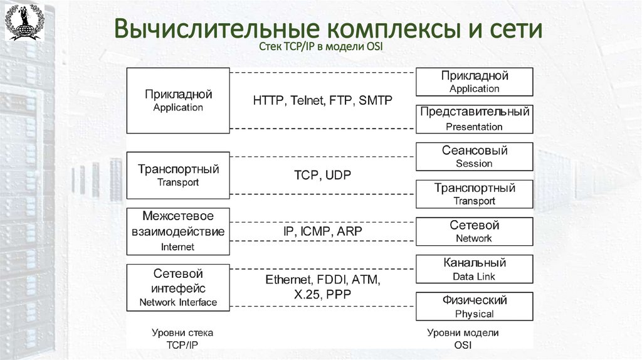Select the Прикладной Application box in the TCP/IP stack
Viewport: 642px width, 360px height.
tap(178, 100)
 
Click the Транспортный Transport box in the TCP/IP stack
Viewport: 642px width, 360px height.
tap(178, 175)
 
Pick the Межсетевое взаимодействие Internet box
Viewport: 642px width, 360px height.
tap(178, 231)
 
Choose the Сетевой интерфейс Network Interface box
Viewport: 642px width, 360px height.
tap(178, 288)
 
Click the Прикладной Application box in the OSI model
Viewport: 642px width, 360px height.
tap(474, 82)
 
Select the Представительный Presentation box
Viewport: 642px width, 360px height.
tap(474, 119)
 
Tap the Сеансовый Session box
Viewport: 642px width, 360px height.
tap(474, 157)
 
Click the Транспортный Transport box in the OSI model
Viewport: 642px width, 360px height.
tap(474, 194)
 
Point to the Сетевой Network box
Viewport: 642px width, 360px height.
tap(474, 231)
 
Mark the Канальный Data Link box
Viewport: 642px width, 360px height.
tap(474, 269)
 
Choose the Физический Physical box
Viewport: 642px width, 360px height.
tap(474, 307)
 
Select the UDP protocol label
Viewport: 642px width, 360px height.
tap(339, 176)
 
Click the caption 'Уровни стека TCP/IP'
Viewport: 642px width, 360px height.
tap(182, 339)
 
